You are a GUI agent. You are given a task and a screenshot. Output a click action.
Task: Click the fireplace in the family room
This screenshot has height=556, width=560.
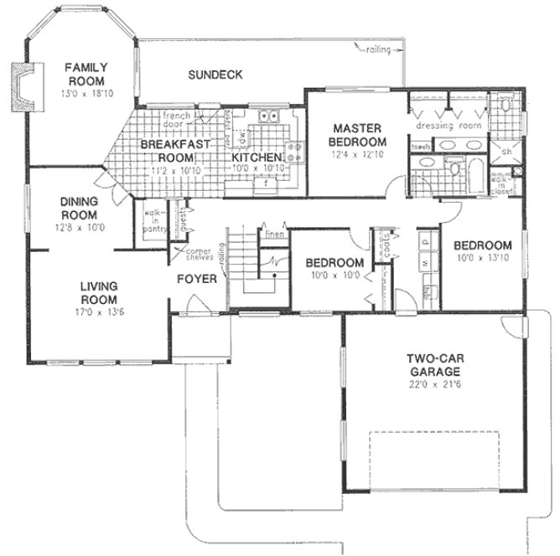pyautogui.click(x=23, y=86)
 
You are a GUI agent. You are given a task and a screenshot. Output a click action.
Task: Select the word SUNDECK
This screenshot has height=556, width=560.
pyautogui.click(x=215, y=75)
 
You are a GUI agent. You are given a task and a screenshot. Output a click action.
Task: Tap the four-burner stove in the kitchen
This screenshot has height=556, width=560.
pyautogui.click(x=296, y=152)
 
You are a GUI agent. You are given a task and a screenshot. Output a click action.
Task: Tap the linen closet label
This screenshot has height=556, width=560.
pyautogui.click(x=273, y=233)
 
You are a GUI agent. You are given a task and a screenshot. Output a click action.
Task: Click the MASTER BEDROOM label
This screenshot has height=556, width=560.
pyautogui.click(x=356, y=134)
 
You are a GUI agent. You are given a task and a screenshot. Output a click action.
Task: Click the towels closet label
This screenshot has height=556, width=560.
pyautogui.click(x=419, y=147)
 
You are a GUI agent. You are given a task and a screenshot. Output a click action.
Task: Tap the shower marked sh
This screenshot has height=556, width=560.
pyautogui.click(x=506, y=152)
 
